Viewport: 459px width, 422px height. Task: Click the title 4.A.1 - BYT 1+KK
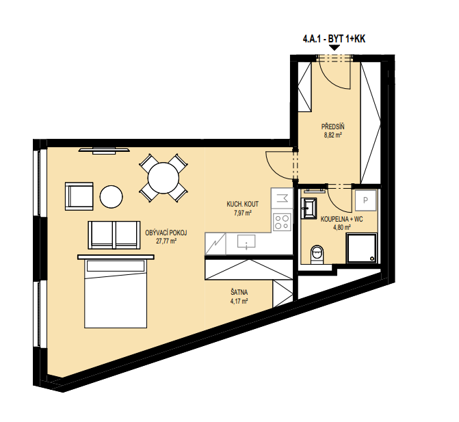(334, 39)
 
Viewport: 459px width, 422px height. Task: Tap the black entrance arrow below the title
(334, 48)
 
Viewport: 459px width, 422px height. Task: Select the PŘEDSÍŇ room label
(333, 127)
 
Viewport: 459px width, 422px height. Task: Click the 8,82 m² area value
(333, 135)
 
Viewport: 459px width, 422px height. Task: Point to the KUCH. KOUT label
(243, 204)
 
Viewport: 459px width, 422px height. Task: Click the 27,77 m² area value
(166, 241)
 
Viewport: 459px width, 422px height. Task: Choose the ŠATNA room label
(239, 292)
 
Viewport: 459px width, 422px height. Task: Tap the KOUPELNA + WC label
(341, 219)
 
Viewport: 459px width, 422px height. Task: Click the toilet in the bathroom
(317, 254)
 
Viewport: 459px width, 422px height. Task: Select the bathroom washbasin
(309, 208)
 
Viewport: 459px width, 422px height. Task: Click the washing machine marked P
(365, 200)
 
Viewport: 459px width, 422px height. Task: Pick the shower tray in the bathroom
(361, 248)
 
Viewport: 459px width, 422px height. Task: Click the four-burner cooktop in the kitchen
(282, 222)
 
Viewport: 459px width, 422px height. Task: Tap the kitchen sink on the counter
(246, 241)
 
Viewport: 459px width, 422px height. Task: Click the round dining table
(163, 178)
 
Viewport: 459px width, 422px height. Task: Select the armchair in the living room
(79, 196)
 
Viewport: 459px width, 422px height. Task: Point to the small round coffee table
(112, 197)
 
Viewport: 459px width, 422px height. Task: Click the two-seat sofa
(114, 235)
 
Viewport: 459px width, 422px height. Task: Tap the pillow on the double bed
(116, 266)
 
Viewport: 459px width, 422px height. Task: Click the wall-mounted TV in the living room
(104, 150)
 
